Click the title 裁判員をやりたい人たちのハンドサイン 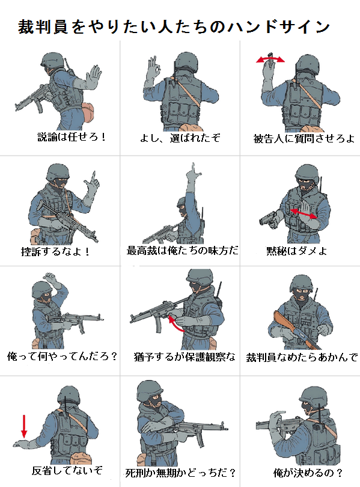click(174, 26)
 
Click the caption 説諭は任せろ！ click(72, 136)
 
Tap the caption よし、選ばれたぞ click(180, 137)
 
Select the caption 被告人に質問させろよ click(304, 138)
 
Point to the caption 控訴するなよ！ click(56, 251)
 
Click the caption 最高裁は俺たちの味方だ click(183, 250)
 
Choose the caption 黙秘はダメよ click(297, 251)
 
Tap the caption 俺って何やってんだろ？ click(63, 356)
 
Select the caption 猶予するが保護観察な click(185, 357)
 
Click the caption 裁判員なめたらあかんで click(302, 357)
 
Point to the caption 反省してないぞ click(67, 470)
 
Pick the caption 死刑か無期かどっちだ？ click(181, 473)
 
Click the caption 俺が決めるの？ click(308, 473)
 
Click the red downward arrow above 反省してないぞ click(24, 426)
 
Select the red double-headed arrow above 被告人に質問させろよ click(270, 60)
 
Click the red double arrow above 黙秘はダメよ click(304, 213)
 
